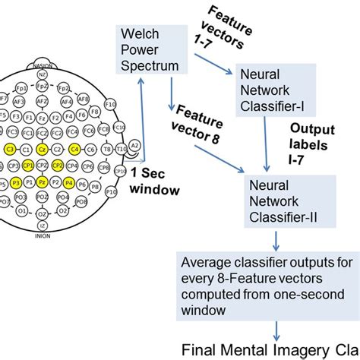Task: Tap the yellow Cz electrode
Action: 43,149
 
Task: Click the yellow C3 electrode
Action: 10,149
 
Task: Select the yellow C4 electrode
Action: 75,149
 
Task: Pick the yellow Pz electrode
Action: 43,183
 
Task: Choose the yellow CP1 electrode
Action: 27,166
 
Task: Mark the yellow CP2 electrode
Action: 59,166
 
